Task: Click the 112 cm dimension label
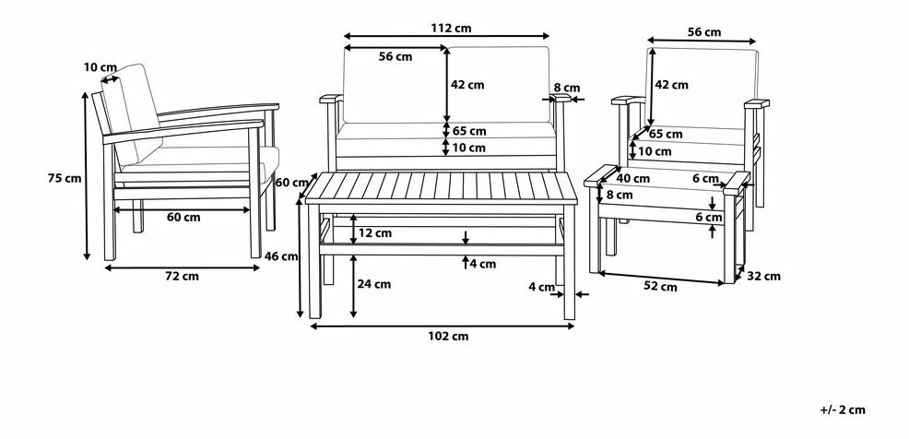[451, 28]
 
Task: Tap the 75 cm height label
[65, 179]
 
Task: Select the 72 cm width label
[182, 276]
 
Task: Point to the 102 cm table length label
[447, 336]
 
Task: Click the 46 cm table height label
[281, 255]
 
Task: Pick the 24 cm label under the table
[374, 284]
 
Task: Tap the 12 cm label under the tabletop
[374, 233]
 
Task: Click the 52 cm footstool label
[660, 287]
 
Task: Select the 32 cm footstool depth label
[763, 277]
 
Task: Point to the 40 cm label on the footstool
[633, 179]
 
